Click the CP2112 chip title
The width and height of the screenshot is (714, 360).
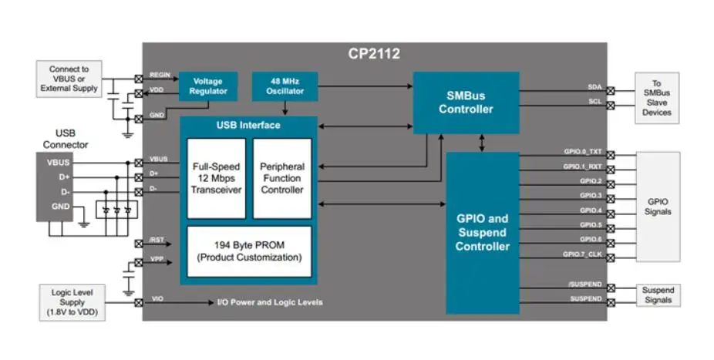pos(374,54)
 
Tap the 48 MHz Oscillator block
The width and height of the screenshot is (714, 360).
pos(278,86)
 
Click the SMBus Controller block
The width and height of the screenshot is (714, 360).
pos(466,103)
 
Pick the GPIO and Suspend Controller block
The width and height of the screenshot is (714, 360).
pos(483,232)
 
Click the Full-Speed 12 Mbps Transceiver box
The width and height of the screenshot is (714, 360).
pos(216,178)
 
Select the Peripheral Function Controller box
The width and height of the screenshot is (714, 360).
pos(282,178)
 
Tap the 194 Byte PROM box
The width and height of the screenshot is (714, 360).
pos(249,251)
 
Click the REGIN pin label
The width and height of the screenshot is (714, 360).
pos(160,74)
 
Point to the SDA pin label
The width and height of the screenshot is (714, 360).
pos(594,88)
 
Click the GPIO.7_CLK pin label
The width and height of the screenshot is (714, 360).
pos(583,254)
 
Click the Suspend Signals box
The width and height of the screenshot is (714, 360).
pos(657,294)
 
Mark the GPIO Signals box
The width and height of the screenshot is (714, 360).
pos(657,206)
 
